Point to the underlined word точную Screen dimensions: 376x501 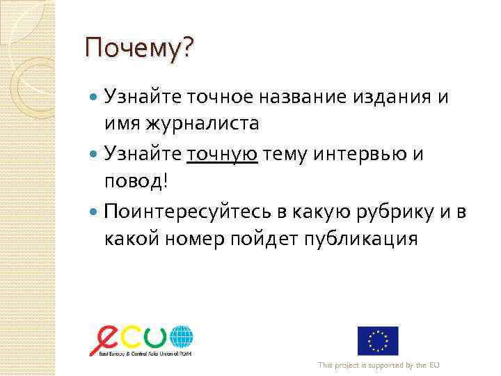(x=223, y=152)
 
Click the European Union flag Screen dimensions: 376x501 (x=378, y=340)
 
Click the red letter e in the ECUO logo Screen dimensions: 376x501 (x=106, y=339)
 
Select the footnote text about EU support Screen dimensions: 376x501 (x=379, y=366)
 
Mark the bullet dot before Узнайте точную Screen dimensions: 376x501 (x=95, y=153)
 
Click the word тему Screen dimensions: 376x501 (x=284, y=152)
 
